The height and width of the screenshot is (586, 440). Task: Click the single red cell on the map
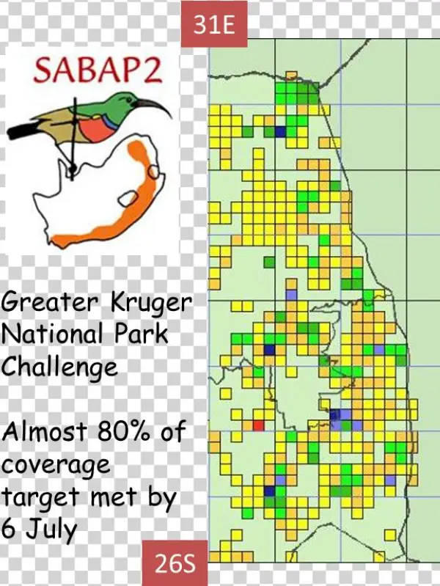point(257,425)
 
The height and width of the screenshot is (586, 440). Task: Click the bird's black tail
point(22,132)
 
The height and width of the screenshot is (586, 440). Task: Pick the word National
point(52,334)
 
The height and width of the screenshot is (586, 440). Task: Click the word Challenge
point(59,367)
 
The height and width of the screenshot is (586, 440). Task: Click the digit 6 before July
point(10,529)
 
